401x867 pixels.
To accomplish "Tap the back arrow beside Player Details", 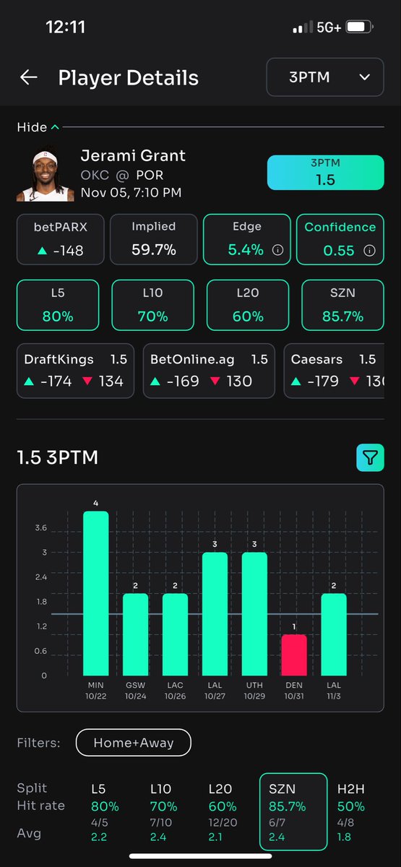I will [x=29, y=78].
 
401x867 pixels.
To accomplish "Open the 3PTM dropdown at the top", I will [x=324, y=77].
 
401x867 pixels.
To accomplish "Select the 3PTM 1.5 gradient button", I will [x=325, y=173].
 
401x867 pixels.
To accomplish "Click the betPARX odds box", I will [x=60, y=239].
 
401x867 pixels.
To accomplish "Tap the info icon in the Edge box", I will [x=277, y=251].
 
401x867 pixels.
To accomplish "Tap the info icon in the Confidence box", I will [x=369, y=251].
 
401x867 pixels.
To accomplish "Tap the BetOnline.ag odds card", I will [x=209, y=370].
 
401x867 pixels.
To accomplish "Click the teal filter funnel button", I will [x=370, y=457].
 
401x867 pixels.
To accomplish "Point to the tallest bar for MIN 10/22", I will [x=95, y=593].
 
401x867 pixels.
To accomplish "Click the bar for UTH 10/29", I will [x=254, y=613].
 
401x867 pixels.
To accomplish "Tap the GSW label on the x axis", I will [x=135, y=683].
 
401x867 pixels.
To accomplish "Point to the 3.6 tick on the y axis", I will [x=40, y=528].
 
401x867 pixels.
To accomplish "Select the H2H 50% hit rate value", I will [x=350, y=806].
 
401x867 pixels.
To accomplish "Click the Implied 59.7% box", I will [x=153, y=239].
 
